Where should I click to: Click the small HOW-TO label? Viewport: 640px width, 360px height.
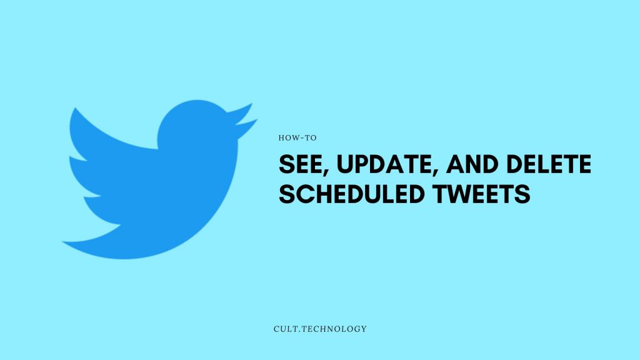coord(297,138)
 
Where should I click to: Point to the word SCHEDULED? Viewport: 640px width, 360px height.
coord(351,194)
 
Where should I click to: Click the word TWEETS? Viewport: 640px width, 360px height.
coord(482,194)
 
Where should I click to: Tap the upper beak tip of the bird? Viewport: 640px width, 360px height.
coord(251,104)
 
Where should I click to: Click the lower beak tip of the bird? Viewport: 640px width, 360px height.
coord(257,119)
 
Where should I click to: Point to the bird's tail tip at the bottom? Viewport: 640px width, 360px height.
coord(63,242)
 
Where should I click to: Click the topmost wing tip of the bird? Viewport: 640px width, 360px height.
coord(75,109)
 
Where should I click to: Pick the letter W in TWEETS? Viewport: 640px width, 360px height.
coord(457,194)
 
